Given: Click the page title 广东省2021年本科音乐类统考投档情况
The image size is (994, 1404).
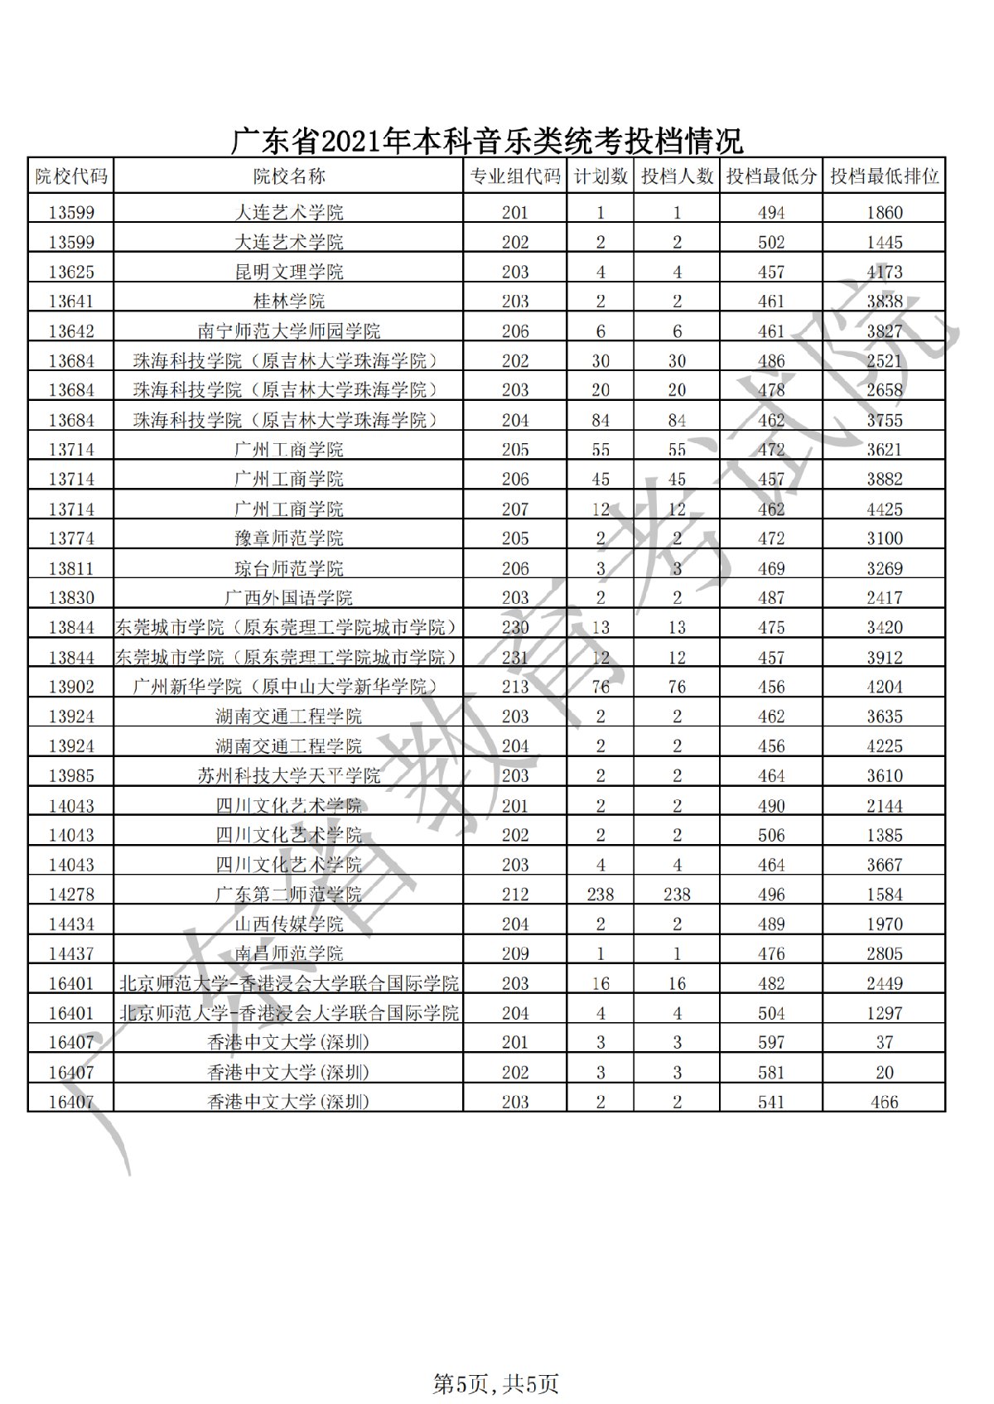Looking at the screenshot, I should (485, 141).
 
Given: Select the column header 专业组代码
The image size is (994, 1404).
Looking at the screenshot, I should (514, 176).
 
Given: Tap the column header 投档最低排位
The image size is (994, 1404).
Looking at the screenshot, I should (884, 176).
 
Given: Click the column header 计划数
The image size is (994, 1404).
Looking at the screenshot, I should (601, 176).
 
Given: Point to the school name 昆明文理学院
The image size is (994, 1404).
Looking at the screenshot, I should (288, 272).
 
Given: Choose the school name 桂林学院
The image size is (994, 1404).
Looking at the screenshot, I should (288, 302).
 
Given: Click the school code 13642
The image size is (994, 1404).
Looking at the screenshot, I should (71, 331).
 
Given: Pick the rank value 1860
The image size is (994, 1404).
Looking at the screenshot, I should (884, 213).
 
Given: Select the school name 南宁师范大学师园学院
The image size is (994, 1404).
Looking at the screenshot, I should (288, 331).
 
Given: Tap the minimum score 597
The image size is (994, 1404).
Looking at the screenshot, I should (770, 1043).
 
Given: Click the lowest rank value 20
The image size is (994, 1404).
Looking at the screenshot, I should (884, 1073).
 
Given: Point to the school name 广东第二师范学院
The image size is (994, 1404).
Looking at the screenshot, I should (288, 895).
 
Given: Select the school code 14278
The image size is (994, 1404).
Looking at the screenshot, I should (71, 895).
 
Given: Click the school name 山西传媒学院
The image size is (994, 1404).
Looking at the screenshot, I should (288, 924).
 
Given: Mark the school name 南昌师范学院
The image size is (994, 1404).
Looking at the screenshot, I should (288, 954).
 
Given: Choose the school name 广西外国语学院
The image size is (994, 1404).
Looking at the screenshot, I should (288, 598).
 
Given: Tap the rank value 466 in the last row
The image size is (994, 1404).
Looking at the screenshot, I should (884, 1102).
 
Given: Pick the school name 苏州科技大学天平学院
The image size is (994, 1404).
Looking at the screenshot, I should (288, 776).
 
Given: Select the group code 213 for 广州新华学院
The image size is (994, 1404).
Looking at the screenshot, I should (514, 687).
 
